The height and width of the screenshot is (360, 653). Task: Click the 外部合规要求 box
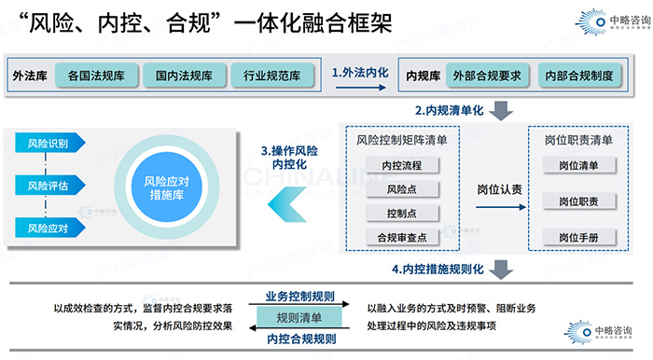[x=485, y=74]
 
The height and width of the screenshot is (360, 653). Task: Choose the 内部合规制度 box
[x=579, y=74]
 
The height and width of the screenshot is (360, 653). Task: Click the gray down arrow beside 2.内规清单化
[x=501, y=109]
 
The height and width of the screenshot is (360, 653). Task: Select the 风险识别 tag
[x=48, y=143]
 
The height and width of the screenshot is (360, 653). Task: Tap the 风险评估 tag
[x=48, y=185]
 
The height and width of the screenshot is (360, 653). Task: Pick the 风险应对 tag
[x=48, y=227]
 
